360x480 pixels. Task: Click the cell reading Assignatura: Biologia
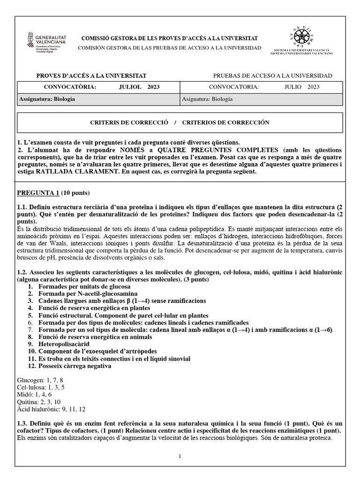tap(47, 99)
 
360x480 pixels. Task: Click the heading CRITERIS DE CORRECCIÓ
tap(129, 122)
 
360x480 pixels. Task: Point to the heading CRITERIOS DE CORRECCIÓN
tap(225, 122)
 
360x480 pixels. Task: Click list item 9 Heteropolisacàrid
tap(70, 343)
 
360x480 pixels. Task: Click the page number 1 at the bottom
tap(180, 457)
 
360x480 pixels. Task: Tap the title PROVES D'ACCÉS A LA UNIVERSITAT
tap(91, 75)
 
